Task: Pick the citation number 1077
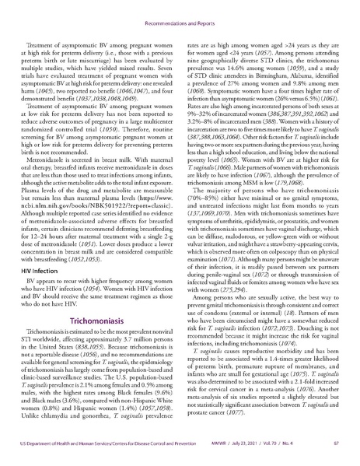[238, 429]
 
